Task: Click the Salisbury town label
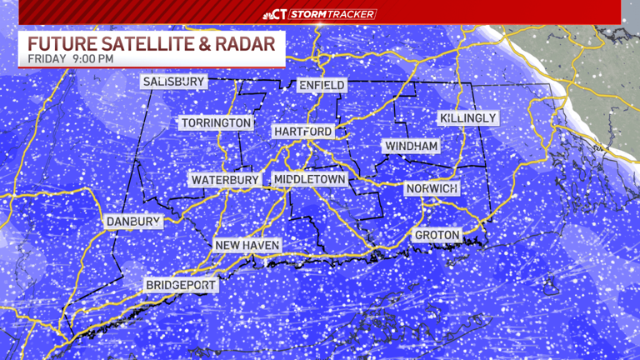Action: point(173,82)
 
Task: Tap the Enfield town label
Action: point(321,86)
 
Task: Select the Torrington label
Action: point(216,123)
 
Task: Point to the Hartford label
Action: point(302,132)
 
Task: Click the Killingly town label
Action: point(467,118)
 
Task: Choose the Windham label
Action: point(411,147)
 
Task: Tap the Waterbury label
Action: point(225,180)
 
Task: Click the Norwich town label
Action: point(432,189)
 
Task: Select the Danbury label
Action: point(132,222)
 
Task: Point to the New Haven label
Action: point(247,245)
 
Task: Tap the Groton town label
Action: point(437,236)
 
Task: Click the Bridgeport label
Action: point(181,285)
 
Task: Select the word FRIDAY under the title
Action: point(46,60)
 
